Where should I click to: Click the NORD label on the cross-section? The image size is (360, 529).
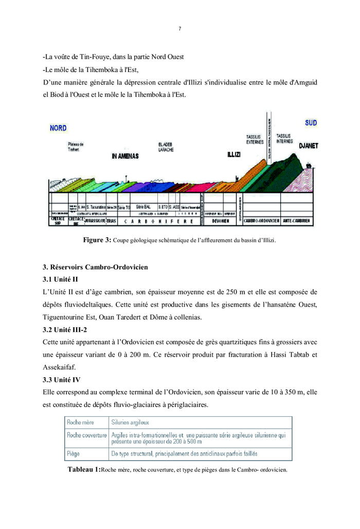(x=58, y=128)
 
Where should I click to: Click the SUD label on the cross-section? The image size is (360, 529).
(x=311, y=123)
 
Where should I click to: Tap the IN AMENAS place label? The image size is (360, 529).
(x=125, y=156)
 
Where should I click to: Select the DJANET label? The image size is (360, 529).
(x=308, y=146)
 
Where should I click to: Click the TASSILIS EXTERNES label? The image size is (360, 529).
(x=255, y=139)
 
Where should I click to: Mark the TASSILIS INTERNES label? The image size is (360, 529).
(x=284, y=138)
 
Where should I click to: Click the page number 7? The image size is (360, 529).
(x=179, y=29)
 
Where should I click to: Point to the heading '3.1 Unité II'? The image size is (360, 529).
(x=60, y=279)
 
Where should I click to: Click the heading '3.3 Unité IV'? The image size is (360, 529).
(x=62, y=380)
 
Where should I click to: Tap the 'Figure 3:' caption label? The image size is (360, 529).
(x=97, y=240)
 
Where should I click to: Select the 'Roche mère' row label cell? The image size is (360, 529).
(x=81, y=422)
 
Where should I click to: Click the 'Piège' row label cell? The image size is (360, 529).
(x=74, y=454)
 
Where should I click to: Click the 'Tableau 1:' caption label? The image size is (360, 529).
(x=84, y=469)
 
